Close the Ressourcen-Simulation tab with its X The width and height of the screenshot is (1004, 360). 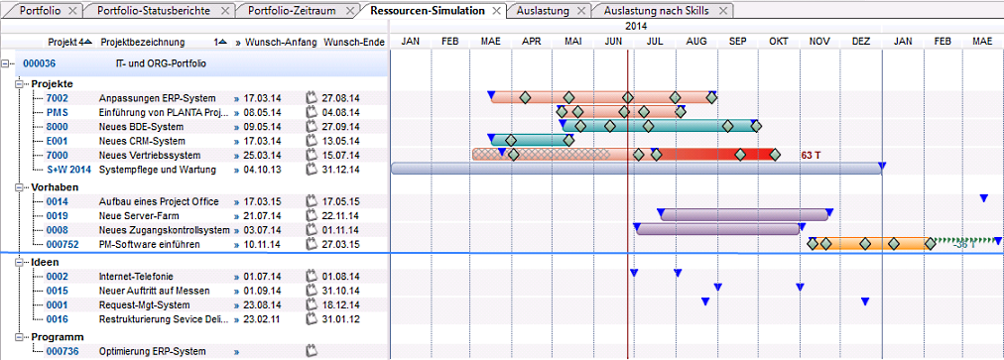pos(496,11)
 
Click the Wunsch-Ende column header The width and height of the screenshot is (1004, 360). pos(354,43)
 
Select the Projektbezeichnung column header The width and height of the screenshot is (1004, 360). pos(143,43)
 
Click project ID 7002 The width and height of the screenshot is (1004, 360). pos(57,98)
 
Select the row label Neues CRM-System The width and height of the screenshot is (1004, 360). pos(142,141)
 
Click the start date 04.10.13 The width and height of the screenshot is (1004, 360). pos(263,170)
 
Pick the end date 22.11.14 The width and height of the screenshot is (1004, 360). pos(341,216)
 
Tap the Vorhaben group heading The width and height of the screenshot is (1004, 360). pos(56,187)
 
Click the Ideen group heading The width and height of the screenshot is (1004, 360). pos(45,262)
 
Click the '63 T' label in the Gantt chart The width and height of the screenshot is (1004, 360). pos(811,155)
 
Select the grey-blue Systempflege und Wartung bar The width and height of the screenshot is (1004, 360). pos(636,169)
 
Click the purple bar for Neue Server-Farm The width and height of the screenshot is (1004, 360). pos(745,215)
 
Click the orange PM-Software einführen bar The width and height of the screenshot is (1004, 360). pos(871,243)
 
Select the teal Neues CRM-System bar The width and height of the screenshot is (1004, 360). pos(532,140)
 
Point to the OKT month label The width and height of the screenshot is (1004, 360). pos(779,42)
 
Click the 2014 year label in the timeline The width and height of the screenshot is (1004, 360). pos(637,26)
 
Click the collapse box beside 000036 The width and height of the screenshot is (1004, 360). pos(6,64)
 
